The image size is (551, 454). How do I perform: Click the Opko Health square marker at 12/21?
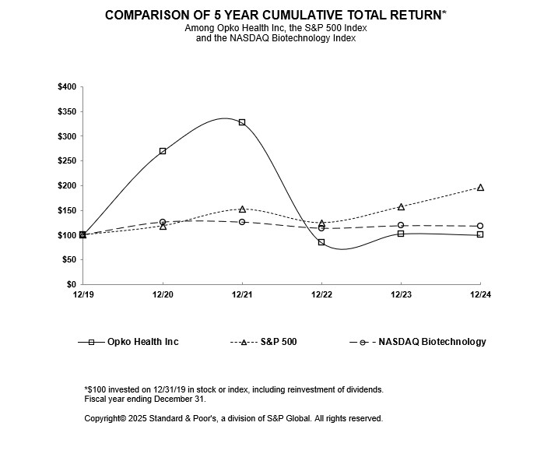coord(242,122)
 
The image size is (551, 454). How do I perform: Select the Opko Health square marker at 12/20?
coord(163,151)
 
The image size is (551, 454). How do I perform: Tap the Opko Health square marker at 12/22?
coord(321,242)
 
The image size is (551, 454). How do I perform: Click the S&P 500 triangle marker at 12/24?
coord(480,188)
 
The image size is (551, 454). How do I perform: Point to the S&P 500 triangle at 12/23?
coord(401,207)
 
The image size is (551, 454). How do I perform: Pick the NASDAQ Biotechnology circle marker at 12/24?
coord(480,226)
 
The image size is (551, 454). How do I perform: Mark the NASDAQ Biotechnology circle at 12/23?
coord(401,225)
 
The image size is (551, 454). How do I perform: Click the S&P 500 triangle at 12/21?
coord(242,209)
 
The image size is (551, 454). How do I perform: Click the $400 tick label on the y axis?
coord(66,86)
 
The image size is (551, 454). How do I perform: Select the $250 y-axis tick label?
coord(66,160)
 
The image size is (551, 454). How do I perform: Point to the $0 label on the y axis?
coord(71,284)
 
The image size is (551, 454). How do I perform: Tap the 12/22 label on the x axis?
coord(321,294)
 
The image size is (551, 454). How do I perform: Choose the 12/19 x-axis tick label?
coord(83,294)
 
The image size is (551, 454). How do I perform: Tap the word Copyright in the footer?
coord(104,418)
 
